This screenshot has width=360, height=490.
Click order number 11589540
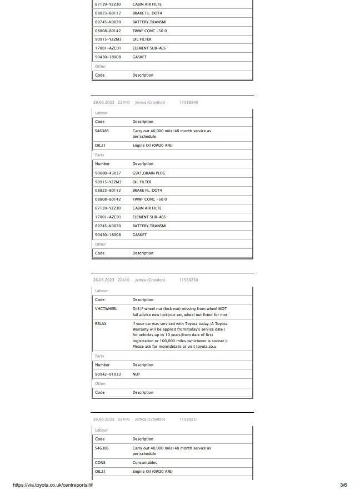[x=188, y=103]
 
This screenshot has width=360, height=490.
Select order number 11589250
[x=188, y=280]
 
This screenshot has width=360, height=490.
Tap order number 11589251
[x=188, y=419]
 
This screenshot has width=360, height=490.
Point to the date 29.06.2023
[x=103, y=103]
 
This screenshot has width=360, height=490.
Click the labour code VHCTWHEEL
[x=106, y=309]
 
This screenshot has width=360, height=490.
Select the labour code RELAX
[x=101, y=323]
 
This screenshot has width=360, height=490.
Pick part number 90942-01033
[x=108, y=374]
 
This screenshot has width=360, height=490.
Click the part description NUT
[x=136, y=374]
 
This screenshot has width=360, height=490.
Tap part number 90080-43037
[x=108, y=173]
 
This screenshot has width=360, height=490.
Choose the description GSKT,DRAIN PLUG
[x=148, y=173]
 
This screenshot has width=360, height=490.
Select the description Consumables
[x=144, y=463]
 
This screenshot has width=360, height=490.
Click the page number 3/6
[x=344, y=485]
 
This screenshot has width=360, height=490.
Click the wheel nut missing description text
[x=179, y=312]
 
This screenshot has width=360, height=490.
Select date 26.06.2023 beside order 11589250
[x=103, y=280]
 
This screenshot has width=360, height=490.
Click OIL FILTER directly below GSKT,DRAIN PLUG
[x=142, y=182]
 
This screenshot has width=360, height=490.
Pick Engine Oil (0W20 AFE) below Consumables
[x=152, y=472]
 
